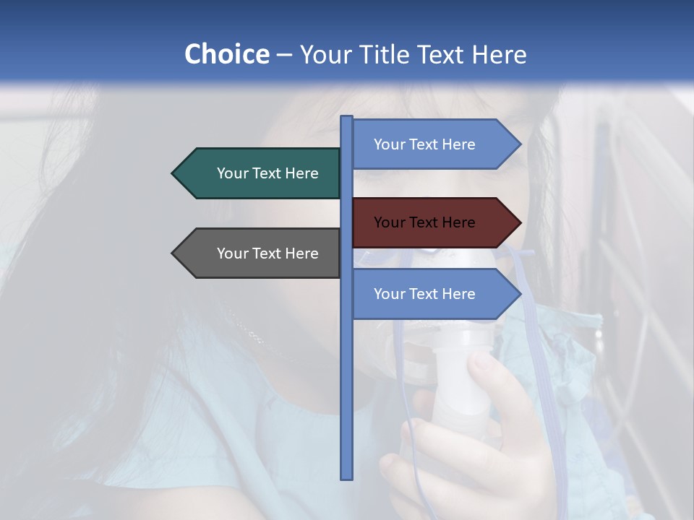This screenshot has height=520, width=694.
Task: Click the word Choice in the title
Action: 226,54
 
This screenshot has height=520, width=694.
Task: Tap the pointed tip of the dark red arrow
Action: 520,222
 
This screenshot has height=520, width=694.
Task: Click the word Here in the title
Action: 500,54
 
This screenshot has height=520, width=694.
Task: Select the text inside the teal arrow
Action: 267,173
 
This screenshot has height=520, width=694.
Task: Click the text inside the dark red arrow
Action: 424,222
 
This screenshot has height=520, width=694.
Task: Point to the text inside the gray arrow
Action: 267,253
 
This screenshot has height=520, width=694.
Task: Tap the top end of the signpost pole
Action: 347,118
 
